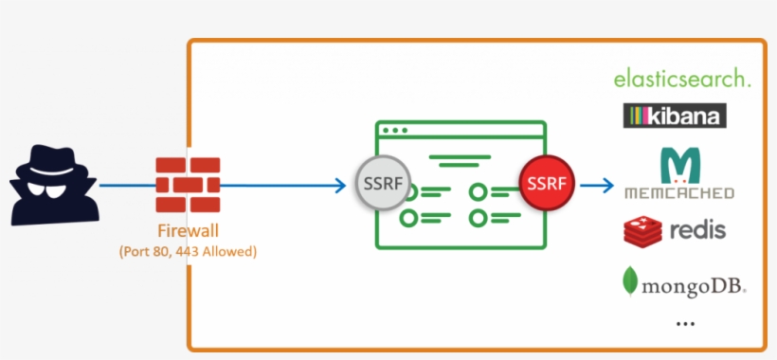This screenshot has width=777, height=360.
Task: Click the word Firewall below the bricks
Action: point(188,231)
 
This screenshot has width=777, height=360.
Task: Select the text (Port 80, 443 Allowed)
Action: point(188,252)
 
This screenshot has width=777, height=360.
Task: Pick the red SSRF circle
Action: point(547,181)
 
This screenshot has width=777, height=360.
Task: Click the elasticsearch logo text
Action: point(682,79)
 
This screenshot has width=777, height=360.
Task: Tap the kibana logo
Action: point(675,117)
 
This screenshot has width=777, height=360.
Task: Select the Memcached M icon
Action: point(678,166)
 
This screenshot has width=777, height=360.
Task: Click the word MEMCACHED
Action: point(678,192)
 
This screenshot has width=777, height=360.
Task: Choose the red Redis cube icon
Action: point(641,230)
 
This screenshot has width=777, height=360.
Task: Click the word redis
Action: point(697,230)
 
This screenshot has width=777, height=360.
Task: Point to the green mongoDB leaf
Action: point(629,280)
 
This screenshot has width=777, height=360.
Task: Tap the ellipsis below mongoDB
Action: point(685,323)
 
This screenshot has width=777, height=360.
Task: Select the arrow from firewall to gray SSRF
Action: point(284,186)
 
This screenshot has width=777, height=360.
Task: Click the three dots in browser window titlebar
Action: point(393,130)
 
